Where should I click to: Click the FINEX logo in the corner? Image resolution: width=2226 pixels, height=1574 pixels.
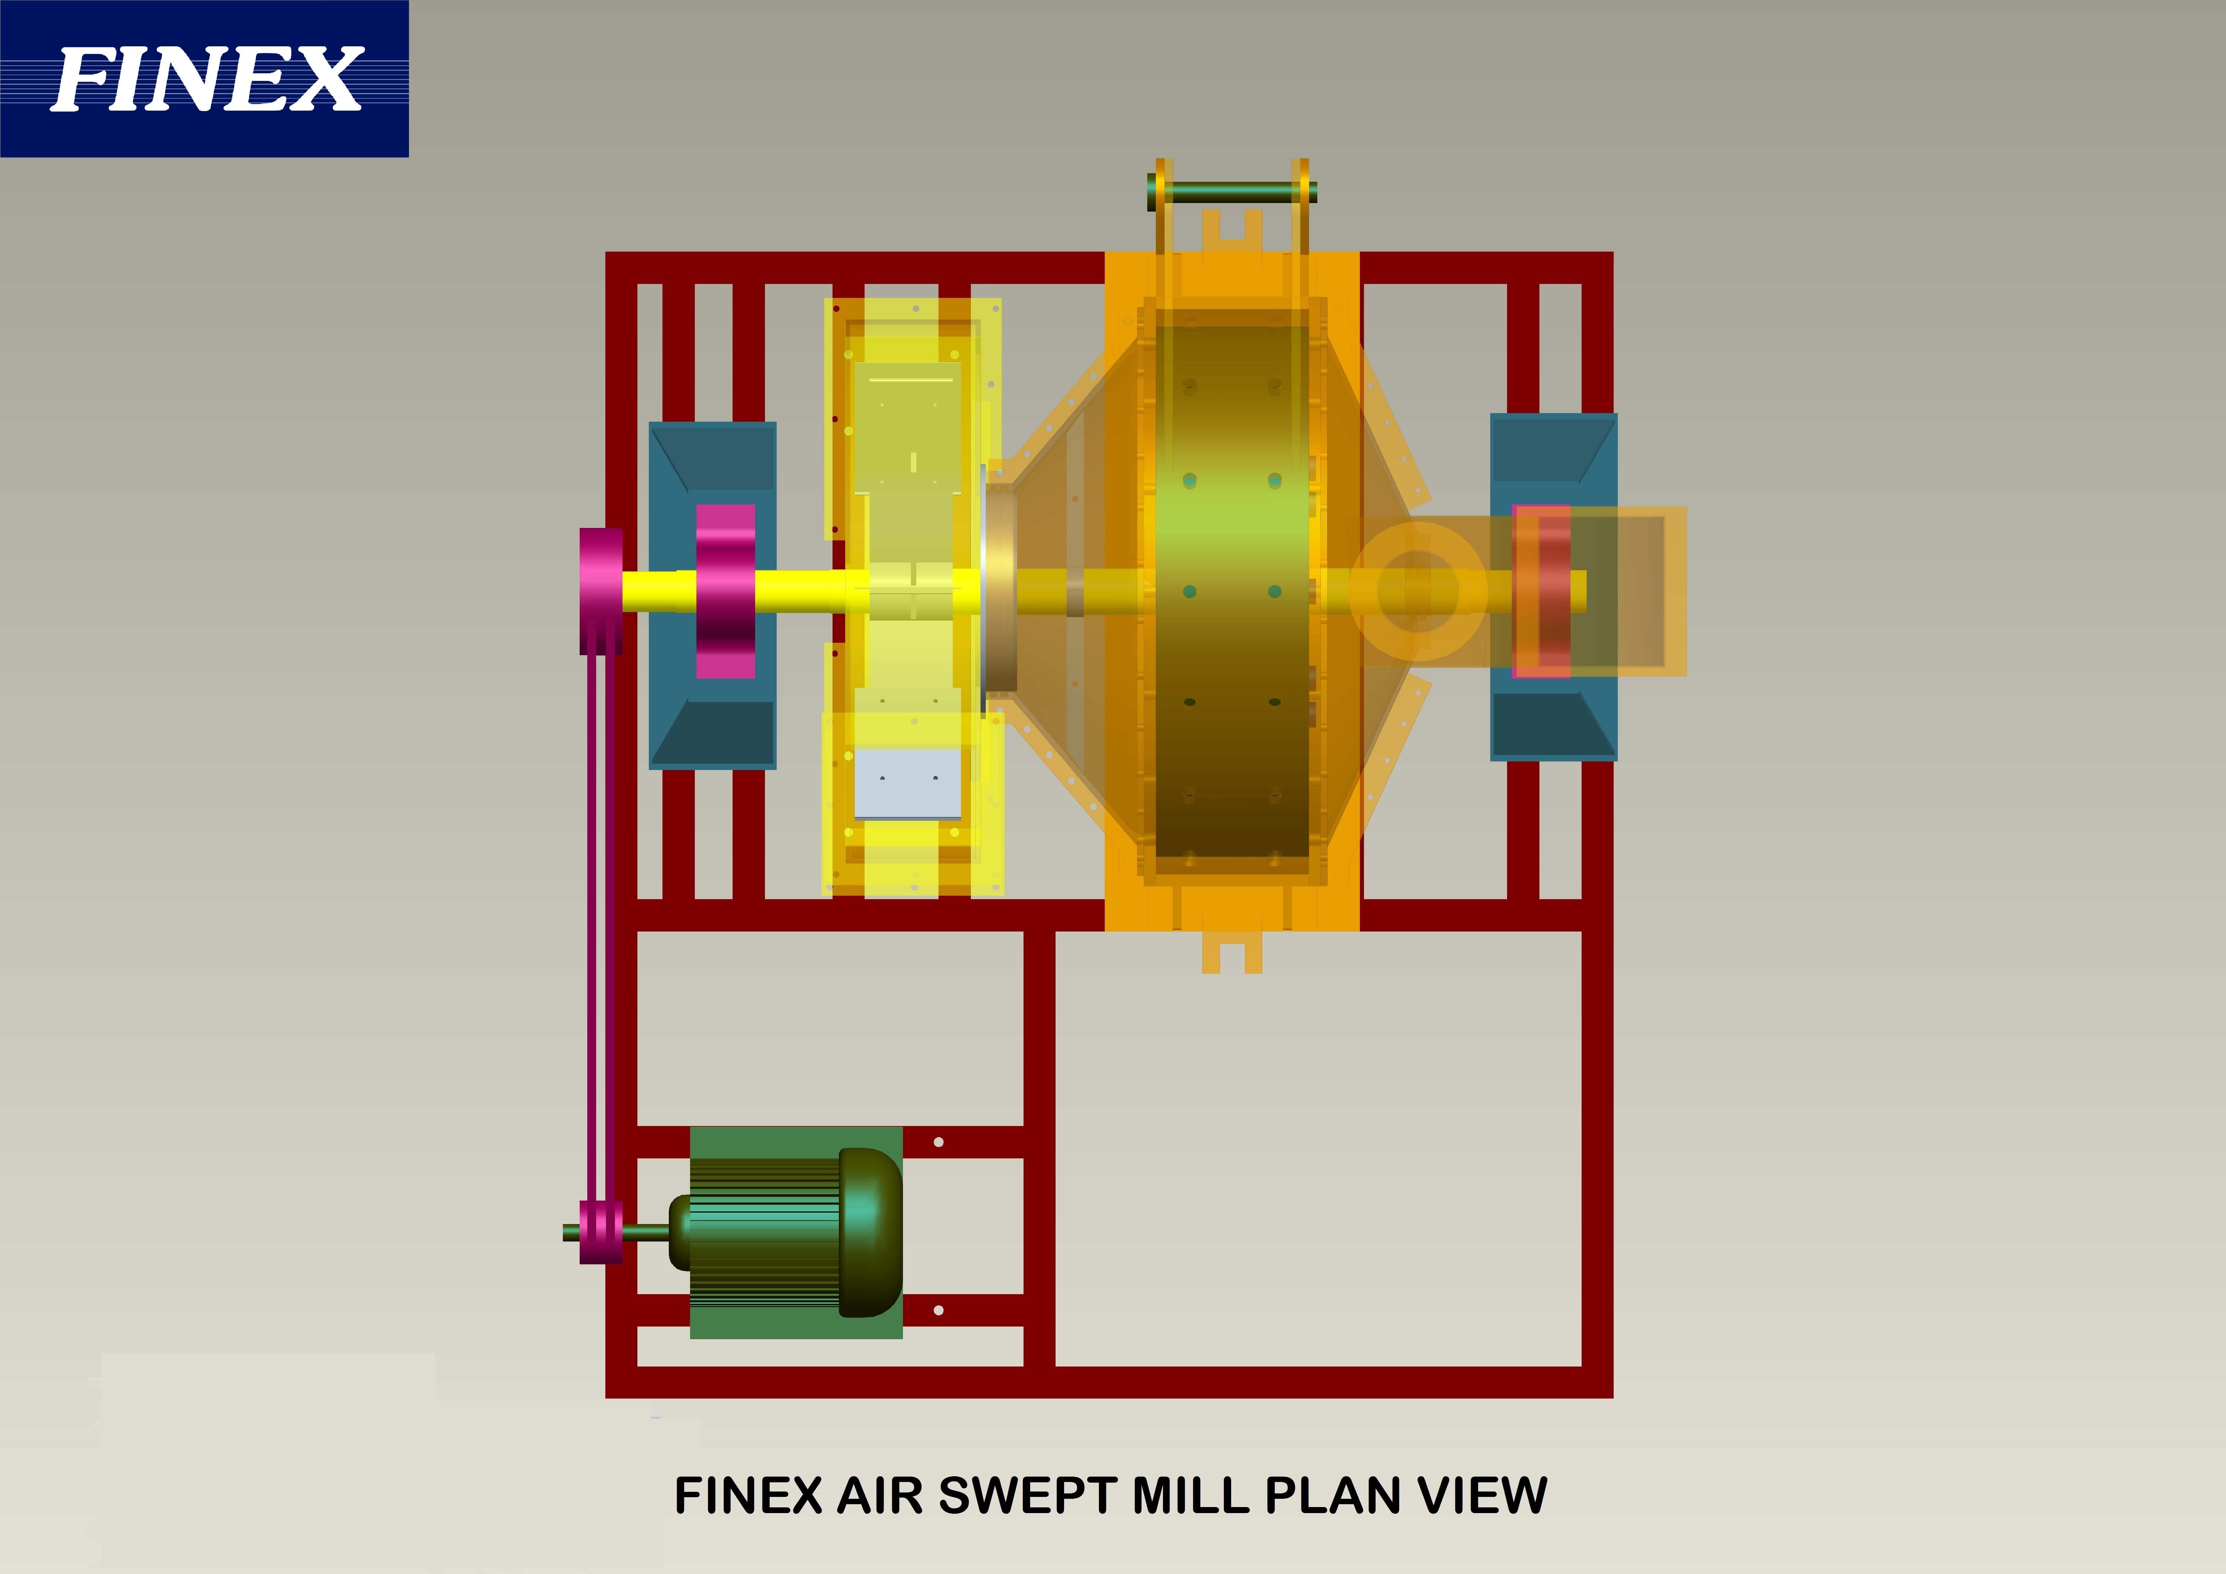tap(205, 79)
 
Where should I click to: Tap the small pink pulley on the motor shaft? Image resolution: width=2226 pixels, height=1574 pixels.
tap(601, 1232)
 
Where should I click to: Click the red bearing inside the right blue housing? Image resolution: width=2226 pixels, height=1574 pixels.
tap(1542, 592)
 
